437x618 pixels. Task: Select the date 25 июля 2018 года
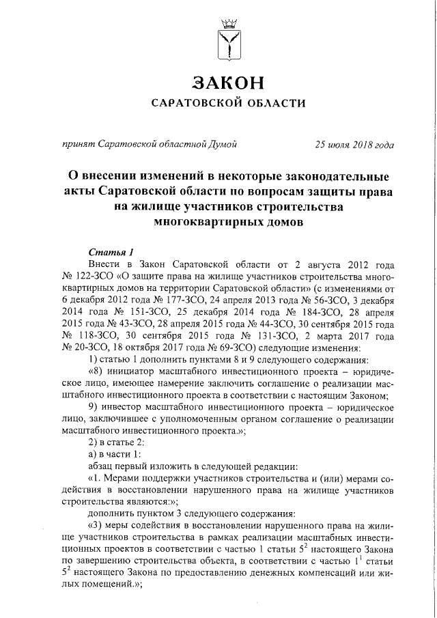354,144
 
